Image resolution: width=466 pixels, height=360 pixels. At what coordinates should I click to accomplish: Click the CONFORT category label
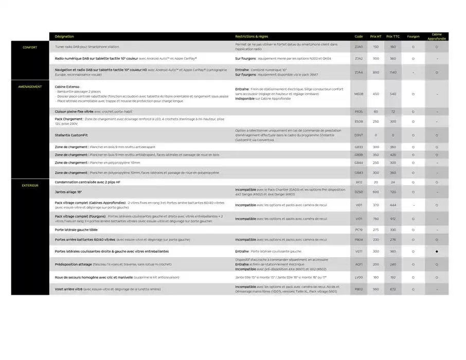[x=30, y=47]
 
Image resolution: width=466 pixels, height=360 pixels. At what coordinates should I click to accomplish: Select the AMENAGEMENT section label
[x=30, y=86]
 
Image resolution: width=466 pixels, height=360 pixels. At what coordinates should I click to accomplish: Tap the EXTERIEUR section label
[x=30, y=185]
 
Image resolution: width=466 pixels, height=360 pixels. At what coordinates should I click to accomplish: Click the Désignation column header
[x=64, y=37]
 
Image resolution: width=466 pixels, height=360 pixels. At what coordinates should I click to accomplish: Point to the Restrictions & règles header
[x=252, y=37]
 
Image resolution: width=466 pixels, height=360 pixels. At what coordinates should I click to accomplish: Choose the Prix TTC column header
[x=393, y=37]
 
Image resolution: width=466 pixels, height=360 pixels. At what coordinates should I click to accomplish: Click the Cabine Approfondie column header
[x=437, y=37]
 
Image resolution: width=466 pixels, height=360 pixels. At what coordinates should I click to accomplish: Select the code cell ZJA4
[x=359, y=72]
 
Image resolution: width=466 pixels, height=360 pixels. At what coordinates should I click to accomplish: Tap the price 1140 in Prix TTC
[x=393, y=72]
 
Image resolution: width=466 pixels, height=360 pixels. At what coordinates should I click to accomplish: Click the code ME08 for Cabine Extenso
[x=359, y=94]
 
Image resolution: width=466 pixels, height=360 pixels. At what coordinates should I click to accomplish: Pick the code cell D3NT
[x=359, y=135]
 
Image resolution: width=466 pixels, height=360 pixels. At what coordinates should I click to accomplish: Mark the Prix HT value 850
[x=376, y=72]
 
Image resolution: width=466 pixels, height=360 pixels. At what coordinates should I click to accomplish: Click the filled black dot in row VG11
[x=437, y=251]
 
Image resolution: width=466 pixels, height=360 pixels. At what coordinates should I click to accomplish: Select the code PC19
[x=359, y=230]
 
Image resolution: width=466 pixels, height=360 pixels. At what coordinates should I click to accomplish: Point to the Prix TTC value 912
[x=393, y=219]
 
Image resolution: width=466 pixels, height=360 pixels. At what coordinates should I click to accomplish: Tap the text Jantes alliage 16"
[x=68, y=192]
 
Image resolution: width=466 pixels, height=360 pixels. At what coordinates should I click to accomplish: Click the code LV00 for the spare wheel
[x=359, y=277]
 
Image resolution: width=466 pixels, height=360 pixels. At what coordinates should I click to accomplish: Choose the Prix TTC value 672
[x=393, y=289]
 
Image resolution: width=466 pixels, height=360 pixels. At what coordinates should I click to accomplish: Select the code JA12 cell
[x=359, y=182]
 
